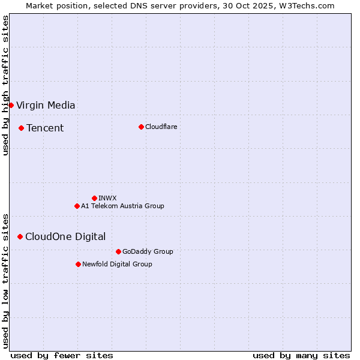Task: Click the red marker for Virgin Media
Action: [x=11, y=105]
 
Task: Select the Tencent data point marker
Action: [x=21, y=128]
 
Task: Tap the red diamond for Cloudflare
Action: [x=141, y=127]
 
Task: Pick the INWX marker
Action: [x=94, y=198]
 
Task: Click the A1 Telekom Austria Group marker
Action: [x=77, y=206]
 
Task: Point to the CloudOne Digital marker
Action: [x=20, y=236]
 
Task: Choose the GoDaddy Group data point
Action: [x=118, y=251]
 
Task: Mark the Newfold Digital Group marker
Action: [x=78, y=264]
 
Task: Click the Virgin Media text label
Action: [x=46, y=106]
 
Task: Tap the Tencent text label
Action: [x=45, y=128]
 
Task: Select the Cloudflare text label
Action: [x=161, y=127]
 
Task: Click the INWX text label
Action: [x=107, y=198]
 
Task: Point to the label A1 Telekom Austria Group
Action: [x=122, y=206]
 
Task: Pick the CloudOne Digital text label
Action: [x=65, y=237]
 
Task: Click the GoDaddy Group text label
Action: [x=148, y=251]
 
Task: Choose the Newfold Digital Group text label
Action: [x=117, y=264]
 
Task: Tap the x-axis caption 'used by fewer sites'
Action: [x=62, y=355]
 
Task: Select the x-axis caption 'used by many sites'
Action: [x=301, y=355]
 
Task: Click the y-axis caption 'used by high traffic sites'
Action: [x=5, y=85]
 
